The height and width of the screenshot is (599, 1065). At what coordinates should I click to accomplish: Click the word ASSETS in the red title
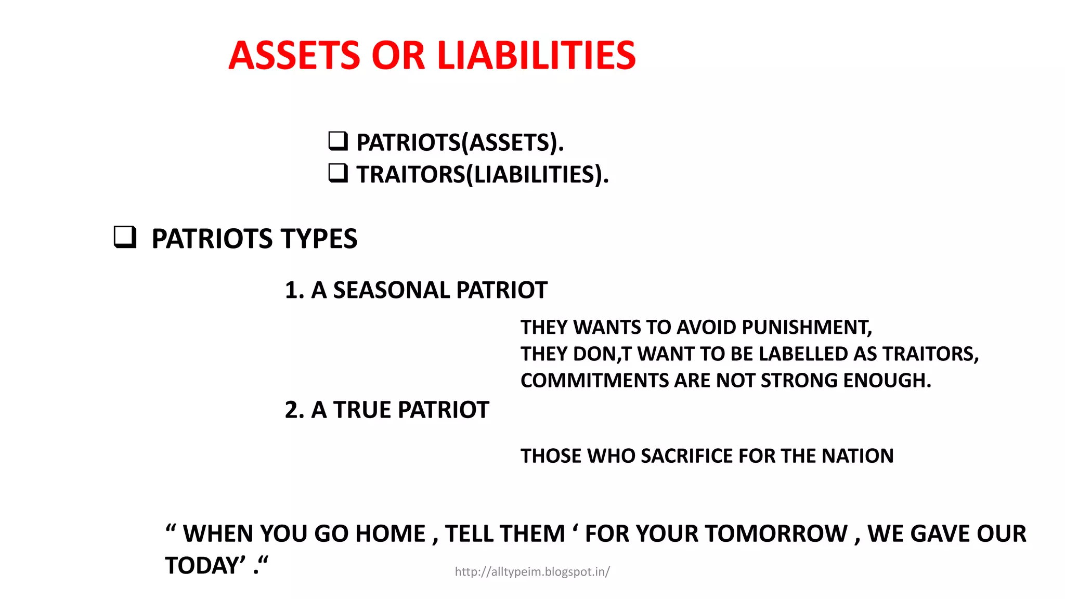(x=294, y=56)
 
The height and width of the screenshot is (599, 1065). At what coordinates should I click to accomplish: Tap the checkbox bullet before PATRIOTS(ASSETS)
(x=338, y=141)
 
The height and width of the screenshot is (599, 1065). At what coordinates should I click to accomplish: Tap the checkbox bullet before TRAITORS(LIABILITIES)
(x=338, y=173)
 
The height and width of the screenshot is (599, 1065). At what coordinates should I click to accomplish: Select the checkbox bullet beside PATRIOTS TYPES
(x=125, y=237)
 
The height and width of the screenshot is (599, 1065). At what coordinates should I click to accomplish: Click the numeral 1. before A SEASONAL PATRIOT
(x=294, y=290)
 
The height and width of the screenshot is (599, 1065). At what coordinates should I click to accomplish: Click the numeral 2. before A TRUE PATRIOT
(x=294, y=410)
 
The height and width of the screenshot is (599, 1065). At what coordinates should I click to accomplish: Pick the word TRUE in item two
(x=362, y=410)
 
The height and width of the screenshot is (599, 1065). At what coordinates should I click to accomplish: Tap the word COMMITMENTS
(x=594, y=381)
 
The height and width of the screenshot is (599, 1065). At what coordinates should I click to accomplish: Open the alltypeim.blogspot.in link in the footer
(x=532, y=572)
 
